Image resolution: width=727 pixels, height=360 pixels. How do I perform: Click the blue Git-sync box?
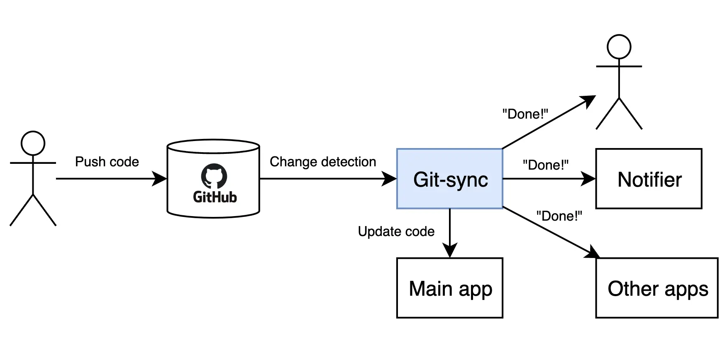pyautogui.click(x=450, y=179)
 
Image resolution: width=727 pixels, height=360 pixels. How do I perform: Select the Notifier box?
pyautogui.click(x=649, y=179)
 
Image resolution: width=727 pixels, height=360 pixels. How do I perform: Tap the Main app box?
pyautogui.click(x=450, y=288)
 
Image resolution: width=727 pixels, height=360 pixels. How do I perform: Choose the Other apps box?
pyautogui.click(x=657, y=288)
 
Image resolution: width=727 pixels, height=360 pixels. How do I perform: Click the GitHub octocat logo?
pyautogui.click(x=214, y=176)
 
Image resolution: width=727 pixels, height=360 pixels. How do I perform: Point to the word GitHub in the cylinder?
pyautogui.click(x=215, y=197)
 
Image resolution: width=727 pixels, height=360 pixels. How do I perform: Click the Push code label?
pyautogui.click(x=107, y=162)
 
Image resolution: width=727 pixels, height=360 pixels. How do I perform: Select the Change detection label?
pyautogui.click(x=323, y=162)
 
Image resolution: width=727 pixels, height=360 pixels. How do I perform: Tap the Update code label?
pyautogui.click(x=396, y=231)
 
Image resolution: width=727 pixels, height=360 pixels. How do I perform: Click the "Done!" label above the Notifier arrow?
pyautogui.click(x=545, y=165)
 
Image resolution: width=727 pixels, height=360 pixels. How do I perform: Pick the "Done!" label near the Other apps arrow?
pyautogui.click(x=559, y=216)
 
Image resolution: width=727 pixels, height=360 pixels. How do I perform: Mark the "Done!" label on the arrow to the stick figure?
pyautogui.click(x=525, y=114)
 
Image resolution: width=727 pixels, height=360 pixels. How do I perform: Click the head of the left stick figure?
pyautogui.click(x=33, y=143)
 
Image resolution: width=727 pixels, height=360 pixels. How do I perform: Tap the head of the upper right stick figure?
pyautogui.click(x=619, y=46)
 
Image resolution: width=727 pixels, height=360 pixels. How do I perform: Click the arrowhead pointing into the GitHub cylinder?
pyautogui.click(x=160, y=179)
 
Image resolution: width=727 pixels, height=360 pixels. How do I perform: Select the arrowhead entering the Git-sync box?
pyautogui.click(x=390, y=179)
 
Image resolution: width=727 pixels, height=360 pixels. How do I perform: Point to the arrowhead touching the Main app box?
pyautogui.click(x=450, y=251)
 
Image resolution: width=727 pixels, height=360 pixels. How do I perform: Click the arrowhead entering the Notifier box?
pyautogui.click(x=589, y=179)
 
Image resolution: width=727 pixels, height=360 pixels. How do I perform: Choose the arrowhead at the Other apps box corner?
pyautogui.click(x=592, y=253)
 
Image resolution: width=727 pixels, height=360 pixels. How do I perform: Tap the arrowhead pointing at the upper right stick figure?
pyautogui.click(x=589, y=101)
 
